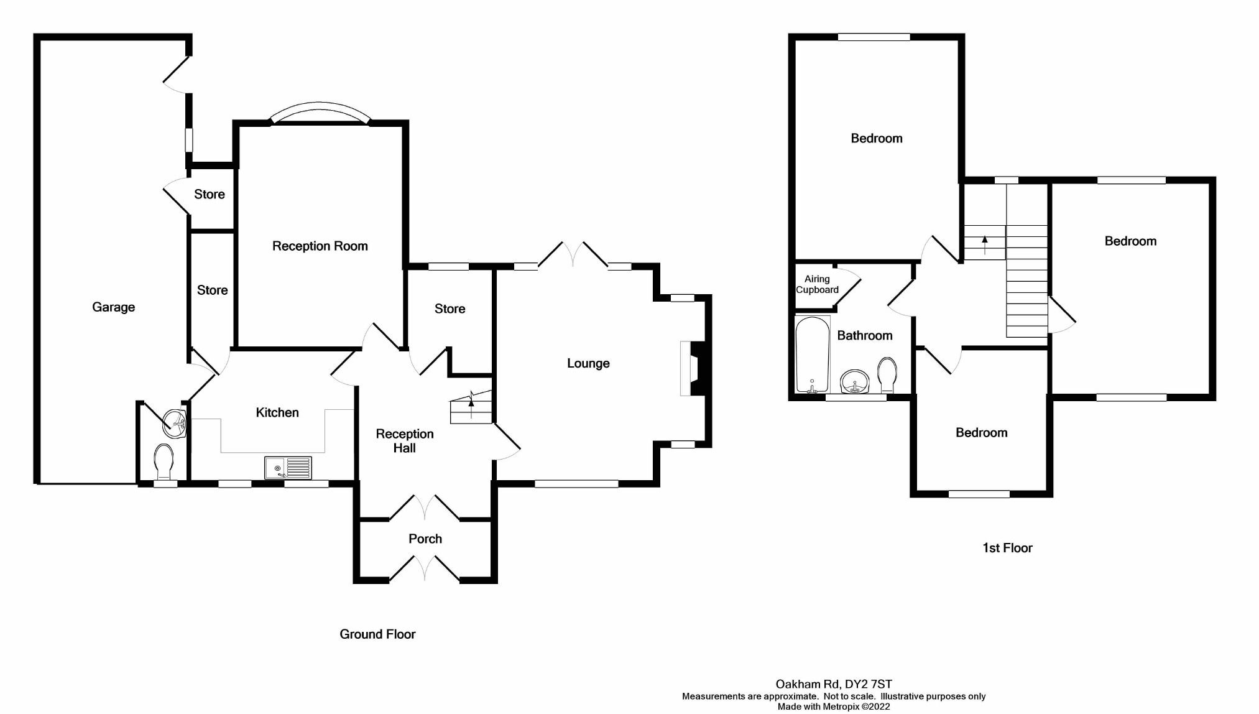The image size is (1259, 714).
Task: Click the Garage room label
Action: tap(113, 307)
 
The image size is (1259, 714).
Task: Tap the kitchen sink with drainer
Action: tap(288, 468)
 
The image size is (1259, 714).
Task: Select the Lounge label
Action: tap(588, 363)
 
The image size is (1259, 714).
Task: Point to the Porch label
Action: tap(425, 539)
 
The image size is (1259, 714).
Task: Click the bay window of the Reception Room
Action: tap(320, 113)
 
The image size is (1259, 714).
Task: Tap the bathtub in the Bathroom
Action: tap(813, 355)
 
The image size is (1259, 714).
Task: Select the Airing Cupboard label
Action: tap(817, 284)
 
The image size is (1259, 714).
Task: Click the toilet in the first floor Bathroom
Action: tap(886, 374)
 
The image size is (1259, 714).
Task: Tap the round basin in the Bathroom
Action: tap(855, 381)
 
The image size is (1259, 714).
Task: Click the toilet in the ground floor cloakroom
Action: tap(164, 460)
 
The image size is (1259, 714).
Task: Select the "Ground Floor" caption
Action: tap(377, 634)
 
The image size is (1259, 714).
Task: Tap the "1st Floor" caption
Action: tap(1007, 547)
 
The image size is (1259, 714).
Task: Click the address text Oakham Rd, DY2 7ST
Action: tap(833, 684)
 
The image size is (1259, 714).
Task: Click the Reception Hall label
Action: tap(405, 440)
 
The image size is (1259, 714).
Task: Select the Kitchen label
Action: tap(277, 412)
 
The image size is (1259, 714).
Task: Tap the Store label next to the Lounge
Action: tap(450, 308)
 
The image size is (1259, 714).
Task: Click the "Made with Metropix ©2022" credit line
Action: tap(833, 707)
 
